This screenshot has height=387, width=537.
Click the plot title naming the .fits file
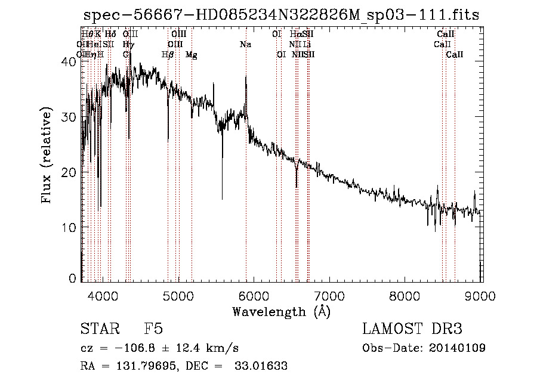(x=281, y=16)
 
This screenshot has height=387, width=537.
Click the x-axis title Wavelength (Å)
(x=281, y=311)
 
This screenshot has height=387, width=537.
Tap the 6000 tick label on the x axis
(x=254, y=296)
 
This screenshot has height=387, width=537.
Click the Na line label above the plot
(x=245, y=44)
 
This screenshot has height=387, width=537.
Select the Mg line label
(x=192, y=55)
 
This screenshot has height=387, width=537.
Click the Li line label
(x=306, y=44)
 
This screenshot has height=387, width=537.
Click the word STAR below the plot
(x=97, y=330)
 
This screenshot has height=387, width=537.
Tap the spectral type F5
(x=154, y=330)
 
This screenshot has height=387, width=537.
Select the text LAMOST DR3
(x=412, y=330)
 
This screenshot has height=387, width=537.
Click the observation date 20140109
(x=456, y=348)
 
